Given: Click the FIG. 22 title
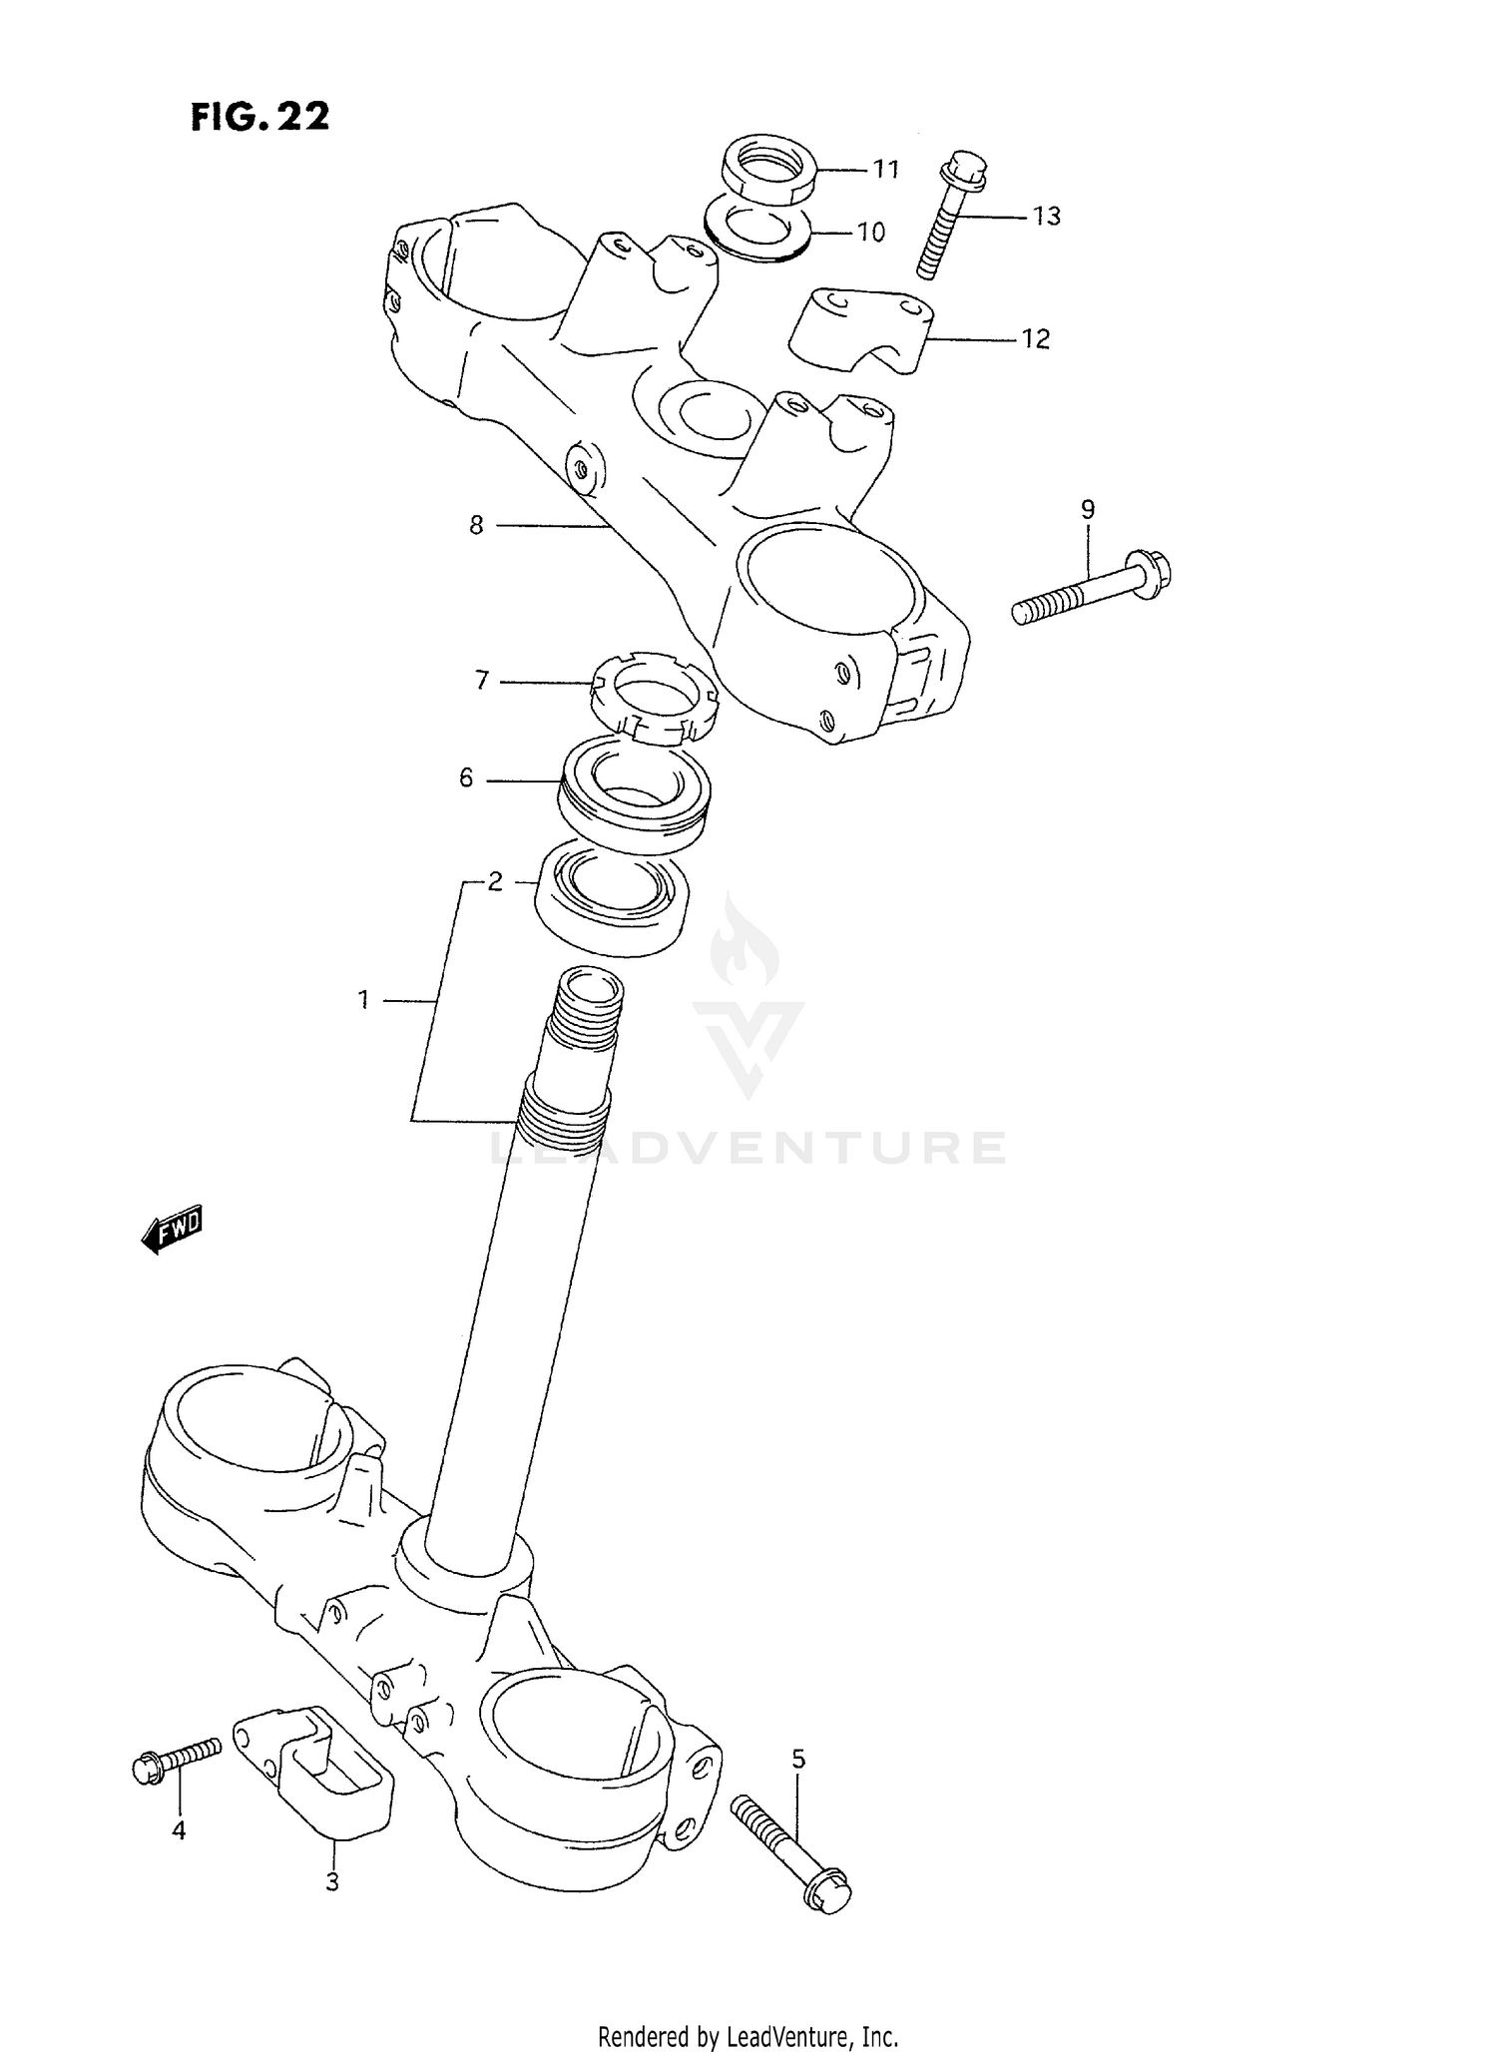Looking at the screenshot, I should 259,117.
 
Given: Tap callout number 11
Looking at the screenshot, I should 886,170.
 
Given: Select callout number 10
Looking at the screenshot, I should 871,233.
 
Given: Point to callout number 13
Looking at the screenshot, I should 1046,217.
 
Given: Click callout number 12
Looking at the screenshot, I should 1036,339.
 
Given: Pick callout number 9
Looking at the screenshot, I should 1088,510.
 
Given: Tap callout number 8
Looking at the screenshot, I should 476,525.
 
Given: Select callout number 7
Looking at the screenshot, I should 482,681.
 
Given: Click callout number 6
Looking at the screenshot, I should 466,777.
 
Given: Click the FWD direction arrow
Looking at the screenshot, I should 173,1230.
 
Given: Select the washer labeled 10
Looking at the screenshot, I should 755,229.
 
